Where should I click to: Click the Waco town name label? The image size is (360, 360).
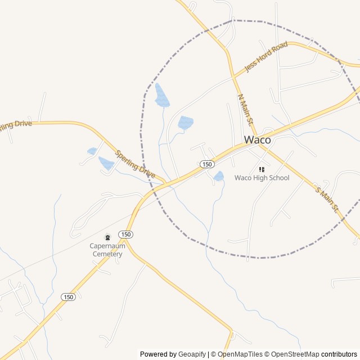(257, 140)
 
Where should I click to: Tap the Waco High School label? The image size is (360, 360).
(262, 178)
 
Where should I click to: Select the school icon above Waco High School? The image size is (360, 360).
(262, 169)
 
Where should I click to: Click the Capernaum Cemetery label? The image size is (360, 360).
(107, 250)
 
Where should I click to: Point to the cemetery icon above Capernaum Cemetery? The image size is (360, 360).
(107, 238)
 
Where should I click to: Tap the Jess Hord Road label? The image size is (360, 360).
(266, 57)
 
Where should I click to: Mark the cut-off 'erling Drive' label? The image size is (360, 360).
(16, 124)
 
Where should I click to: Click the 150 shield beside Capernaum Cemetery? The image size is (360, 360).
(125, 234)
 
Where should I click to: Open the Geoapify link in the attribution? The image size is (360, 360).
(192, 354)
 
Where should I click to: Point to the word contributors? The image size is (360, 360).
(339, 354)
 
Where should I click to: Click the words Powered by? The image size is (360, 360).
(158, 354)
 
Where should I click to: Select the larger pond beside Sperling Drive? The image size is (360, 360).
(106, 163)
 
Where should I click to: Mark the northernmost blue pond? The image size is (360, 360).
(162, 96)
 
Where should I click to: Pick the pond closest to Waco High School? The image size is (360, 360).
(219, 176)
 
